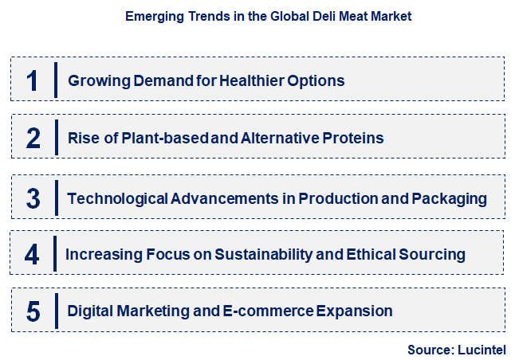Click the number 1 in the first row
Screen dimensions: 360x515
[32, 80]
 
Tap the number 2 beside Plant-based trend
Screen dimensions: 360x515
[33, 138]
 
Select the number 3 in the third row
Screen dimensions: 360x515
[33, 198]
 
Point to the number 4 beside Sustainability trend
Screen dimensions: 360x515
[32, 254]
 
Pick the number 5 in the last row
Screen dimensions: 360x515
[33, 311]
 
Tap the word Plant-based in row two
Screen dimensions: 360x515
[169, 138]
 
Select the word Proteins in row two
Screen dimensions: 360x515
[355, 138]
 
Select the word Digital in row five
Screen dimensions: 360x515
[91, 311]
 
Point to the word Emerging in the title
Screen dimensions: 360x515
[155, 16]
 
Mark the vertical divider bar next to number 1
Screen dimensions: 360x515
[55, 80]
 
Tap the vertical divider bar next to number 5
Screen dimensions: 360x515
[55, 310]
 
